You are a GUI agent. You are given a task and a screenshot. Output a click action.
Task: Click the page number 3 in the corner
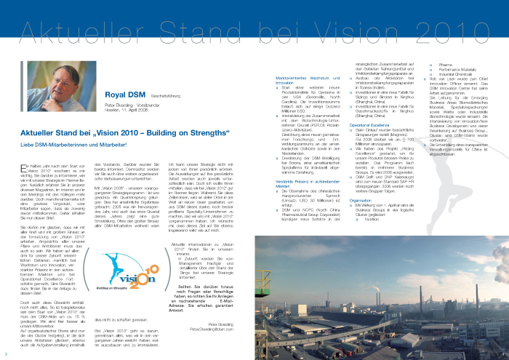click(x=6, y=354)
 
